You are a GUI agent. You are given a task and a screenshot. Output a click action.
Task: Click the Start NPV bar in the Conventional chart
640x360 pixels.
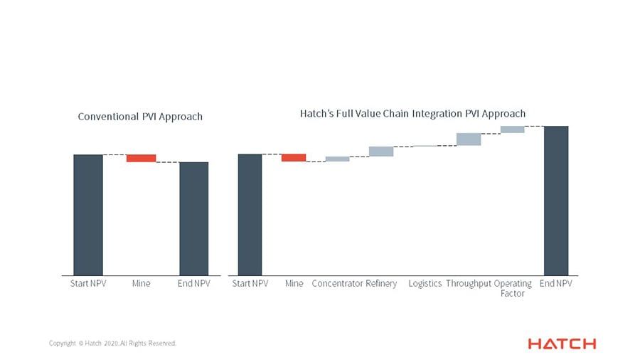(88, 214)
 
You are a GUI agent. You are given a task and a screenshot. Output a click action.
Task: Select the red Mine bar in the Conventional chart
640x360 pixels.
(141, 158)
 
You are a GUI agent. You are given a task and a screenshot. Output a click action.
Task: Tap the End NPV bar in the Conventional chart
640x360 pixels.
(193, 218)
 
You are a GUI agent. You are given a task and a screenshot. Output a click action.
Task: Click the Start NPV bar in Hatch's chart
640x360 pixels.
(250, 214)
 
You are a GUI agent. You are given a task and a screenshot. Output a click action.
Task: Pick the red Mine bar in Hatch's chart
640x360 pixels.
(294, 157)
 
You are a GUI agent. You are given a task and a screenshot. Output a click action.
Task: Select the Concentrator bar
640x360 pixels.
(337, 159)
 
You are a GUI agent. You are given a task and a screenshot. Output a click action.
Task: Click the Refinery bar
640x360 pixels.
(381, 151)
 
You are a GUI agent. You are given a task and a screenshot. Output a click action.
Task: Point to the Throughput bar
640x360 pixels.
(469, 139)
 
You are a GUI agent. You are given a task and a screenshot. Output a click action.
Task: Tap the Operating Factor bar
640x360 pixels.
(512, 129)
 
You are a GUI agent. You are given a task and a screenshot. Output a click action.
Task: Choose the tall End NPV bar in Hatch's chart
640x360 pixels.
(556, 200)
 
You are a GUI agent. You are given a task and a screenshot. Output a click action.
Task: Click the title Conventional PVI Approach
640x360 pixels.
(140, 117)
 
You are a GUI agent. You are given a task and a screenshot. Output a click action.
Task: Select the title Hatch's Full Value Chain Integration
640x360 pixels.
(412, 113)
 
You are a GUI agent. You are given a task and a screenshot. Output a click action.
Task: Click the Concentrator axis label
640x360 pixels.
(337, 284)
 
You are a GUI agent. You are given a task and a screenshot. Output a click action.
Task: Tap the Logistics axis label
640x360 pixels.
(425, 284)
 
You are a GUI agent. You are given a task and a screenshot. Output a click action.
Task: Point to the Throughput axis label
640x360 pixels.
(469, 284)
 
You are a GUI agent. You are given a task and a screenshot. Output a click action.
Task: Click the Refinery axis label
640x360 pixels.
(381, 284)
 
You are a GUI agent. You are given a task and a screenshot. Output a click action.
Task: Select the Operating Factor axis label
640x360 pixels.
(513, 288)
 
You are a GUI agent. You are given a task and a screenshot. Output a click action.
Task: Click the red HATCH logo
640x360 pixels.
(562, 344)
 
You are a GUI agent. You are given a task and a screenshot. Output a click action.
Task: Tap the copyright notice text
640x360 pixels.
(112, 344)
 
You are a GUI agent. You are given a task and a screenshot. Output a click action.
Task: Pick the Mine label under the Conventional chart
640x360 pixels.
(141, 284)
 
